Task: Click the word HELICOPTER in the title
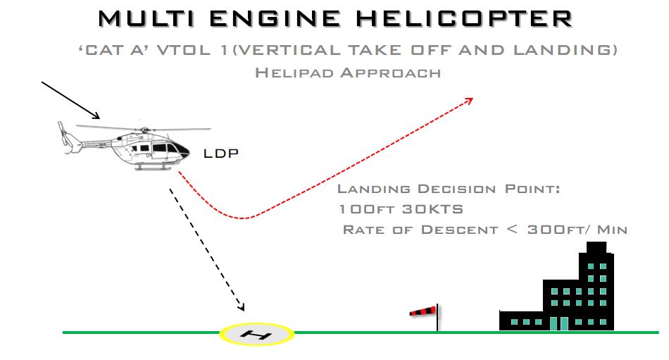(464, 19)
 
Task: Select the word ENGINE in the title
(275, 19)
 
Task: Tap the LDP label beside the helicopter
(220, 154)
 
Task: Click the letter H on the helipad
(256, 335)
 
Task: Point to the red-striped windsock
(423, 311)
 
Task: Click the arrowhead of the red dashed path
(469, 101)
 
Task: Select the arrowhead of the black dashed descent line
(241, 307)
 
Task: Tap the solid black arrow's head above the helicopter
(96, 116)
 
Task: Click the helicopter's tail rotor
(63, 133)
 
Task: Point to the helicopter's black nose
(184, 149)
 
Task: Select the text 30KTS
(432, 209)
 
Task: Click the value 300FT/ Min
(577, 230)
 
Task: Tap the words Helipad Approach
(348, 73)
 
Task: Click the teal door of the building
(558, 323)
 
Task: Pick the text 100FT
(365, 209)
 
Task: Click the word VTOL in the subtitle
(184, 51)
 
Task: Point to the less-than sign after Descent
(513, 230)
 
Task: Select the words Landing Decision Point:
(449, 189)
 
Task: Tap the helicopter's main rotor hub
(144, 130)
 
